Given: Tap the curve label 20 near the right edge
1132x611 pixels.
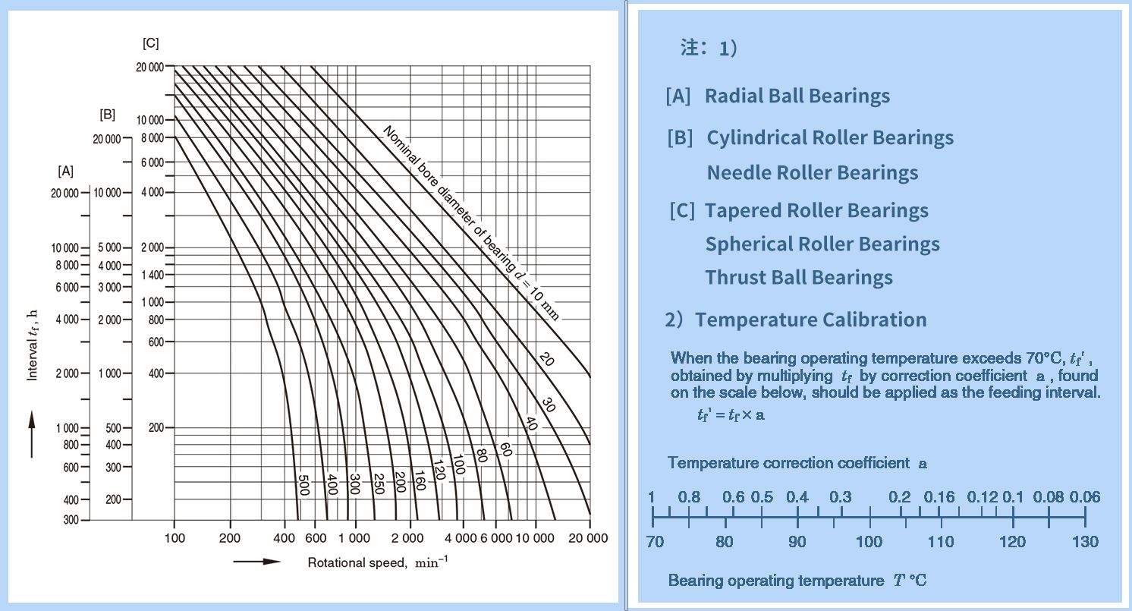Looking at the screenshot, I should [x=547, y=358].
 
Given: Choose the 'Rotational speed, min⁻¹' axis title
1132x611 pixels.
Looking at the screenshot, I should [x=377, y=562].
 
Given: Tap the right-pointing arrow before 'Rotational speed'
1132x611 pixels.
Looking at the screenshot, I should [x=256, y=562].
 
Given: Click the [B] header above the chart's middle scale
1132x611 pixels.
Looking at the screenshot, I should [x=107, y=115].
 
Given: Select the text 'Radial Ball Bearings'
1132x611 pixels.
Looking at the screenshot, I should [x=797, y=96].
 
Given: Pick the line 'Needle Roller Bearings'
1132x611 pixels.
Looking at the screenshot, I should [x=812, y=173].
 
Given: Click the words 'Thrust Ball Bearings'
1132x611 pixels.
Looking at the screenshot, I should [x=798, y=278].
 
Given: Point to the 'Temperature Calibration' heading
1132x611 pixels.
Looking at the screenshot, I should [x=810, y=320].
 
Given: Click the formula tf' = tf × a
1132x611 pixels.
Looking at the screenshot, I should [x=731, y=415].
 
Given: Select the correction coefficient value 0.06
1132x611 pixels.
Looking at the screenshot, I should [x=1085, y=498].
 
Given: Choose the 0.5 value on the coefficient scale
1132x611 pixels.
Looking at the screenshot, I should [x=762, y=498].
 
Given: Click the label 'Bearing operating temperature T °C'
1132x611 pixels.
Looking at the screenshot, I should [x=797, y=581].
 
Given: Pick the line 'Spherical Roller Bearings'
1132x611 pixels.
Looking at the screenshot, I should [x=822, y=244].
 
